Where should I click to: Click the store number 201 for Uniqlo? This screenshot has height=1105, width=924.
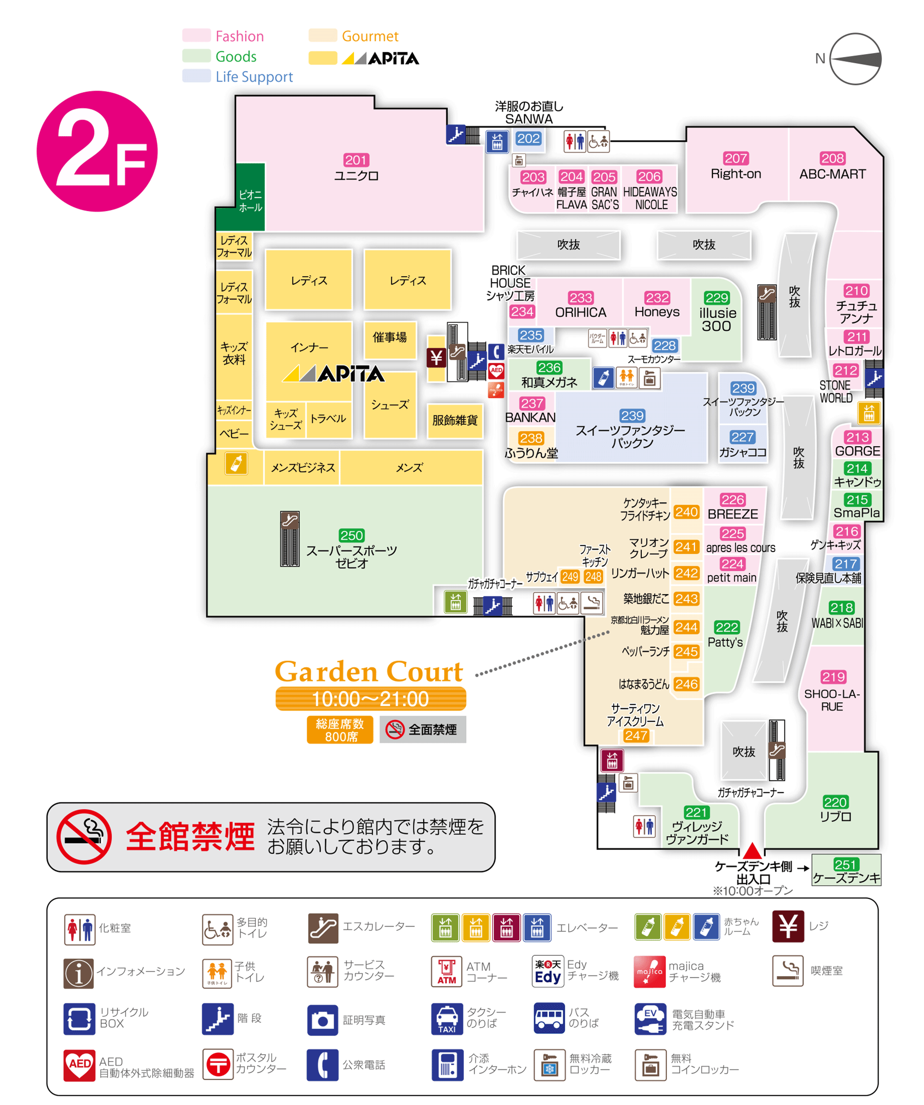click(356, 160)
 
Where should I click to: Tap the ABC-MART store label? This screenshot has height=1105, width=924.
click(833, 174)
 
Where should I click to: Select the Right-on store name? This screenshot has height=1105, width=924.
click(736, 174)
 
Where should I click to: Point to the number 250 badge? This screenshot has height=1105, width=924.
click(352, 535)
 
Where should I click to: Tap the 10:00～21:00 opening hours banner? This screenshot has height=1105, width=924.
click(371, 699)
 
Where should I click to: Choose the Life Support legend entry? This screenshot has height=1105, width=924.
click(254, 77)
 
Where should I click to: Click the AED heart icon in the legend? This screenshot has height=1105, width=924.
click(79, 1065)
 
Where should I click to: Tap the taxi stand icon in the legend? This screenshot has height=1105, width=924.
click(447, 1019)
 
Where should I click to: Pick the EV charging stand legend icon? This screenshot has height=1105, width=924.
click(650, 1019)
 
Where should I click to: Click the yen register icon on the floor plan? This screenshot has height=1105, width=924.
click(436, 358)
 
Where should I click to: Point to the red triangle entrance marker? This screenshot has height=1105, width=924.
click(753, 850)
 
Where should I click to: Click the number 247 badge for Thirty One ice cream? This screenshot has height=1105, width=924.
click(636, 735)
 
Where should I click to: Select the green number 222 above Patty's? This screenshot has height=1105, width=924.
click(727, 627)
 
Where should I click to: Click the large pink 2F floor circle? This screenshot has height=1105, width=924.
click(97, 152)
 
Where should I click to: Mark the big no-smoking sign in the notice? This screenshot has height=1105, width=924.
click(84, 837)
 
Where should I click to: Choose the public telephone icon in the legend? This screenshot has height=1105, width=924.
click(322, 1065)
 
